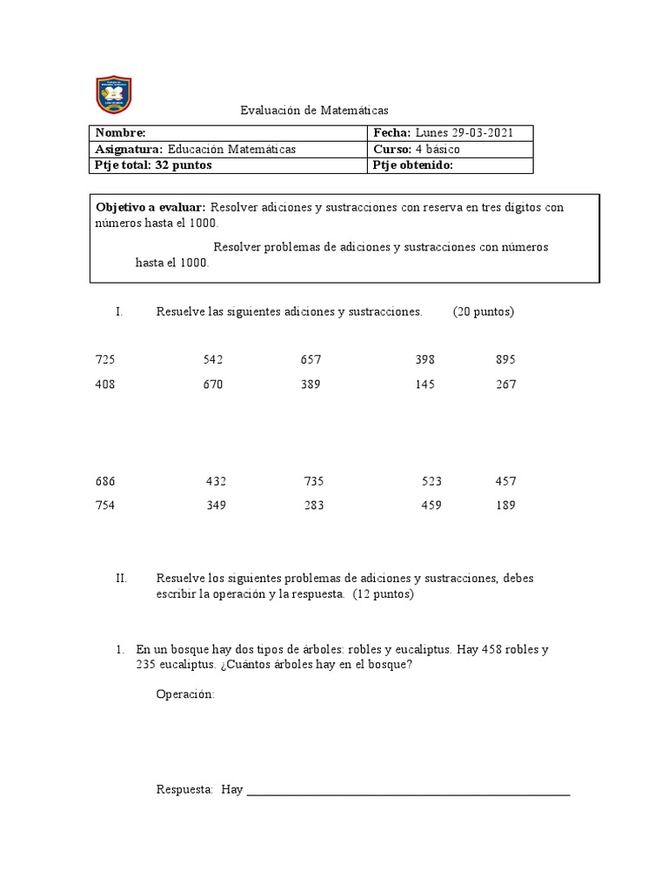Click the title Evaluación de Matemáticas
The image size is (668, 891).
tap(314, 111)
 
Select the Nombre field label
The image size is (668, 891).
tap(120, 133)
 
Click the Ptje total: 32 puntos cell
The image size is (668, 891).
tap(153, 165)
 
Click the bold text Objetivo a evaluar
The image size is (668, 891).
tap(150, 207)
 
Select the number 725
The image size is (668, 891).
tap(104, 359)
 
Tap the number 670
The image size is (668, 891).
tap(213, 385)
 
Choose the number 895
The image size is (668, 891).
tap(505, 359)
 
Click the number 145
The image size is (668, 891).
tap(425, 385)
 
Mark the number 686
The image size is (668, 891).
tap(104, 481)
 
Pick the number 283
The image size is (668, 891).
tap(314, 506)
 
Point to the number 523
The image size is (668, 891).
tap(431, 481)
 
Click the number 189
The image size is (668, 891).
tap(504, 506)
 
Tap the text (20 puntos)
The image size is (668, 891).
tap(483, 312)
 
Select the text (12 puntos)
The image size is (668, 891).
tap(384, 595)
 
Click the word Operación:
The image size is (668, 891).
tap(185, 693)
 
